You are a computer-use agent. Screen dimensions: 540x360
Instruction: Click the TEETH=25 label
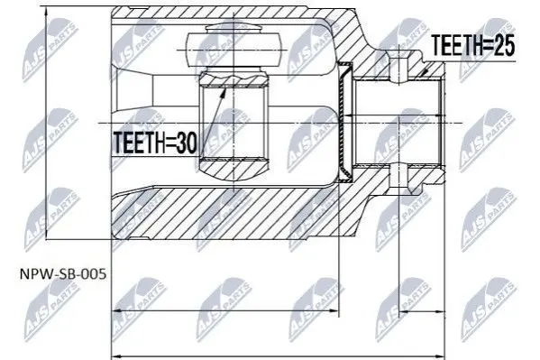pyautogui.click(x=473, y=45)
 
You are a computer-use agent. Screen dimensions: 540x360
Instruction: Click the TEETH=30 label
pyautogui.click(x=155, y=143)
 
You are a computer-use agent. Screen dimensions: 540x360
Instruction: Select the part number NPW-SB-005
pyautogui.click(x=63, y=274)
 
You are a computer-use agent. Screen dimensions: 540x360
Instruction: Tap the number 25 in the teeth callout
pyautogui.click(x=504, y=45)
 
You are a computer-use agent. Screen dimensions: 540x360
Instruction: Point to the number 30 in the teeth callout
pyautogui.click(x=187, y=143)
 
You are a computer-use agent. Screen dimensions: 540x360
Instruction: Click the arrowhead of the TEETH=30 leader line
pyautogui.click(x=224, y=91)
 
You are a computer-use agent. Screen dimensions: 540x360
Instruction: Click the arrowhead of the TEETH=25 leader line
pyautogui.click(x=425, y=71)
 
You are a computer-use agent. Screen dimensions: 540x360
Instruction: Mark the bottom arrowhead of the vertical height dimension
pyautogui.click(x=46, y=234)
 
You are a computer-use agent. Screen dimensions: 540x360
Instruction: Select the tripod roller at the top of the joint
pyautogui.click(x=233, y=49)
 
